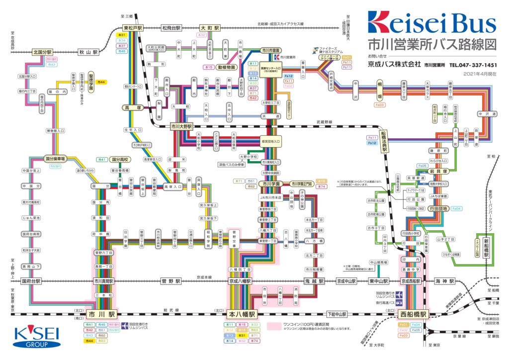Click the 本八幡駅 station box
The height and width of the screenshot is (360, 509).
242,315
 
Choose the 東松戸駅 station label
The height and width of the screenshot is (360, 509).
133,28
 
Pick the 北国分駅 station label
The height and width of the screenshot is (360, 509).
42,52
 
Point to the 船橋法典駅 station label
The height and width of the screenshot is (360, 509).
384,142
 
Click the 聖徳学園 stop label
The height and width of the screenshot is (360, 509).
91,81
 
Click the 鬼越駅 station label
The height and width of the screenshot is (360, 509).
314,281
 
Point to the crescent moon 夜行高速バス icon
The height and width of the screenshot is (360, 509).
401,302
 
